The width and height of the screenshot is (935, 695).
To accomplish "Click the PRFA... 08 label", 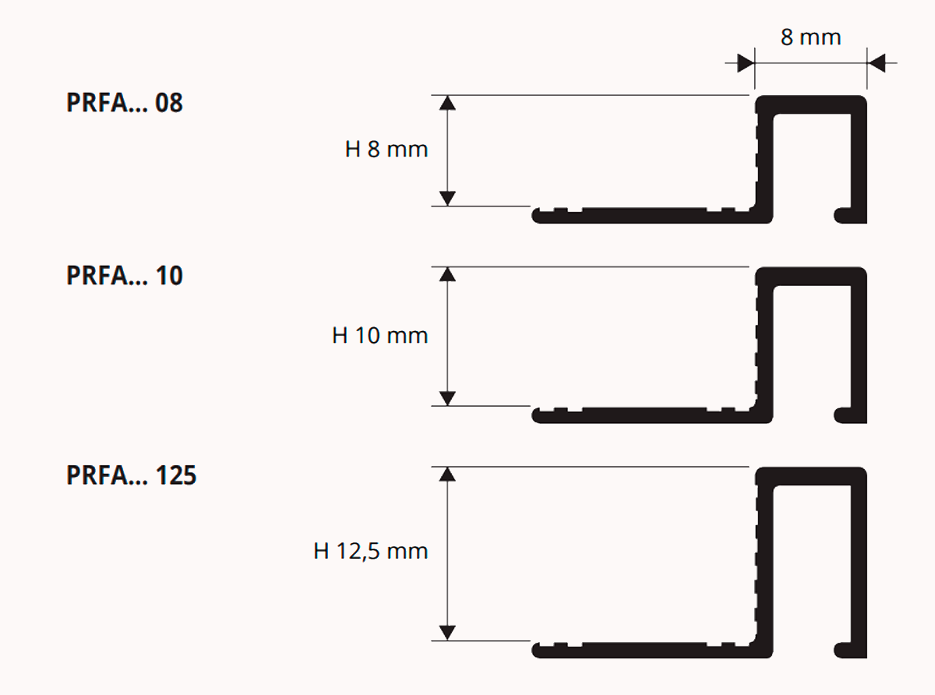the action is pyautogui.click(x=125, y=103).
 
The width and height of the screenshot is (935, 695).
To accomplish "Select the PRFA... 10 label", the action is pyautogui.click(x=125, y=275).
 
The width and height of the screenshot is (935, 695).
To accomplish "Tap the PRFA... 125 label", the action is pyautogui.click(x=131, y=475).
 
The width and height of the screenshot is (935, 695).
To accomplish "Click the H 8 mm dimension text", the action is pyautogui.click(x=386, y=150).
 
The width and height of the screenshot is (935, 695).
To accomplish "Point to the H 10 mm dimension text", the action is pyautogui.click(x=379, y=336).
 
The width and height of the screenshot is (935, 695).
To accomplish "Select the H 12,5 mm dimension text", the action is pyautogui.click(x=371, y=551).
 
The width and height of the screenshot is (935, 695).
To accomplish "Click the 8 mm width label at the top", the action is pyautogui.click(x=810, y=37).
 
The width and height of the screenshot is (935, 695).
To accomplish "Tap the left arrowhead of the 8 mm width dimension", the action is pyautogui.click(x=746, y=63).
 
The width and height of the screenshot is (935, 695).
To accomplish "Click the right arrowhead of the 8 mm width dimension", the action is pyautogui.click(x=876, y=63).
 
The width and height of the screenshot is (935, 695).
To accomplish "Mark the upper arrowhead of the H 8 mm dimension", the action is pyautogui.click(x=447, y=103).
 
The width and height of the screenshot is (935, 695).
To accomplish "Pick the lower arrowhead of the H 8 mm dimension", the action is pyautogui.click(x=447, y=198).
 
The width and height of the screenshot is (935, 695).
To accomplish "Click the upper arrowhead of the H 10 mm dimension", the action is pyautogui.click(x=447, y=274).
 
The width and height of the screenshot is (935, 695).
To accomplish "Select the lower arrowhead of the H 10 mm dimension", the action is pyautogui.click(x=447, y=398).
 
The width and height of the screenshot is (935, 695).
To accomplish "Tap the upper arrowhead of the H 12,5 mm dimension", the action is pyautogui.click(x=447, y=475).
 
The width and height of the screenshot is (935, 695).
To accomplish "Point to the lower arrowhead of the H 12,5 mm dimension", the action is pyautogui.click(x=447, y=633).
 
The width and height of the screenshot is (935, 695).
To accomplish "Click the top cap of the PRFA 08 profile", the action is pyautogui.click(x=810, y=104).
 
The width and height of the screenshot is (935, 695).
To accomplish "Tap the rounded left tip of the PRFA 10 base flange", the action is pyautogui.click(x=536, y=416).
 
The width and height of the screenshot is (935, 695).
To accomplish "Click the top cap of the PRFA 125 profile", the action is pyautogui.click(x=810, y=476).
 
